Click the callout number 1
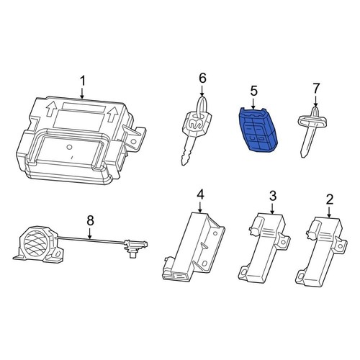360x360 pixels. tap(83, 78)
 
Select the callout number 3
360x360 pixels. tap(273, 195)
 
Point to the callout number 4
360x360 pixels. tap(201, 194)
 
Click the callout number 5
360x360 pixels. tap(253, 91)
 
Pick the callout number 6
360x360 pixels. tap(202, 78)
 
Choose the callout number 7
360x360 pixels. tap(315, 89)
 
